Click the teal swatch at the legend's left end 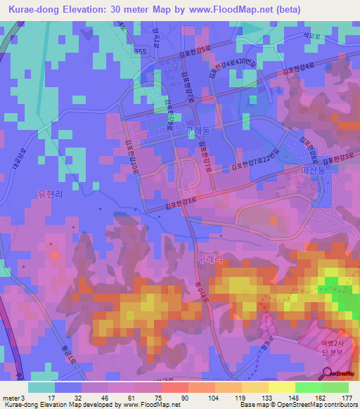click(x=41, y=387)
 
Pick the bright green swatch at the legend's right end click(x=335, y=387)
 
